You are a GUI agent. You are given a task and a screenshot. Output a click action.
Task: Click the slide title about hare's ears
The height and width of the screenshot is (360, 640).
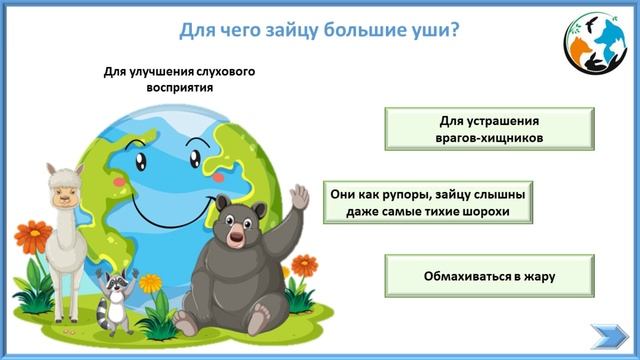click(x=319, y=29)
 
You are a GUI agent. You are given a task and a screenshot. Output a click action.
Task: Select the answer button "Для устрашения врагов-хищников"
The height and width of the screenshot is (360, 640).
click(x=489, y=129)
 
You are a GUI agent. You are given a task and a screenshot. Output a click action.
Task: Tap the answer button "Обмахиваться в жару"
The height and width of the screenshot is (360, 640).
click(x=489, y=275)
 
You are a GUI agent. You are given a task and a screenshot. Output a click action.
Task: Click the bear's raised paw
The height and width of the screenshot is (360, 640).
click(x=299, y=199)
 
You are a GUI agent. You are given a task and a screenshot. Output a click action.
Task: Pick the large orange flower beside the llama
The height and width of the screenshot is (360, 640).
click(x=33, y=237)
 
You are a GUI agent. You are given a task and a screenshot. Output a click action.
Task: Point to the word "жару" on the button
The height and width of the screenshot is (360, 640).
click(x=538, y=275)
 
